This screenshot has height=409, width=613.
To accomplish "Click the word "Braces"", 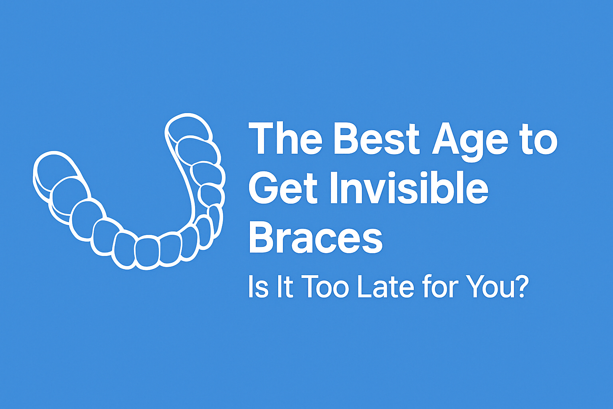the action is pyautogui.click(x=315, y=237).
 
